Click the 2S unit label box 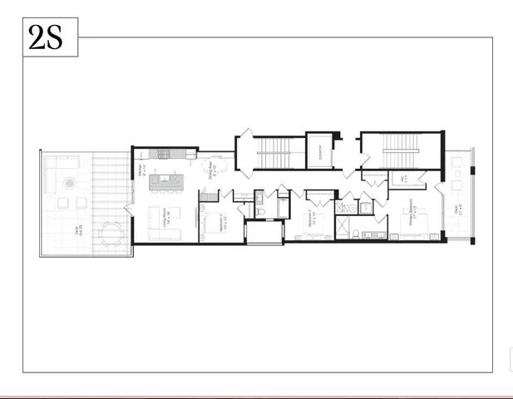point(49,38)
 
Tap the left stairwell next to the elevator point(270,151)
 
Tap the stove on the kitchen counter point(164,154)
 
